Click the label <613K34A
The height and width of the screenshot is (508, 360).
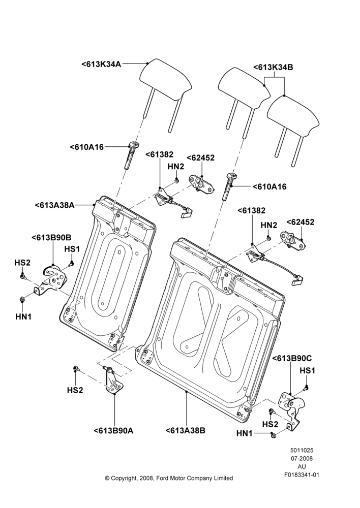click(x=101, y=64)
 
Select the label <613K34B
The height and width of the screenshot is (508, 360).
click(x=273, y=68)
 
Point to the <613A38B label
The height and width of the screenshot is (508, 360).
click(x=185, y=431)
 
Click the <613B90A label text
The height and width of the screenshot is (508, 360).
click(x=113, y=431)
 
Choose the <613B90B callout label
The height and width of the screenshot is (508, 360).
click(x=51, y=237)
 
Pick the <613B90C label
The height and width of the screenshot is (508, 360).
click(x=292, y=358)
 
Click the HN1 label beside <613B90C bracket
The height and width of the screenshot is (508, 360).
click(x=244, y=433)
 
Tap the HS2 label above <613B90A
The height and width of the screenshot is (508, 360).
click(x=75, y=390)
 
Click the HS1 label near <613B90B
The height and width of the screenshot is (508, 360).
click(x=72, y=249)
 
